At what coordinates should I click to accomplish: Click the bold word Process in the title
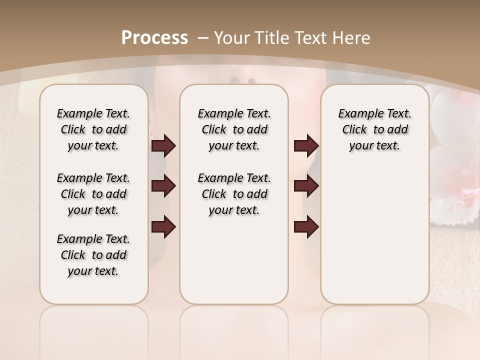pyautogui.click(x=154, y=38)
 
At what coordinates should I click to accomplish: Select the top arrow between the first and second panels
pyautogui.click(x=163, y=146)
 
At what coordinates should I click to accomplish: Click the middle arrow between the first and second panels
pyautogui.click(x=163, y=186)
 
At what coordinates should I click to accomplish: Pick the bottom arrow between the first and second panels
pyautogui.click(x=163, y=227)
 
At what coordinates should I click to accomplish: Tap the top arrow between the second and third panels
pyautogui.click(x=306, y=146)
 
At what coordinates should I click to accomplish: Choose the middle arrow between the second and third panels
pyautogui.click(x=306, y=186)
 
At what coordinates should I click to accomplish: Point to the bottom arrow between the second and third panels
pyautogui.click(x=306, y=227)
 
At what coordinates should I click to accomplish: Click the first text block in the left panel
pyautogui.click(x=93, y=129)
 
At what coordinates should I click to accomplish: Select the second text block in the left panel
pyautogui.click(x=93, y=194)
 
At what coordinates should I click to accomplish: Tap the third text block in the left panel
pyautogui.click(x=93, y=255)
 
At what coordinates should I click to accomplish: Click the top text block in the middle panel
pyautogui.click(x=234, y=129)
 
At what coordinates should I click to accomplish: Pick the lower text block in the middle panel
pyautogui.click(x=234, y=194)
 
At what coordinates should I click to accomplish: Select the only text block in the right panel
pyautogui.click(x=374, y=129)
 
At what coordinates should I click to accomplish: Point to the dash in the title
pyautogui.click(x=203, y=38)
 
